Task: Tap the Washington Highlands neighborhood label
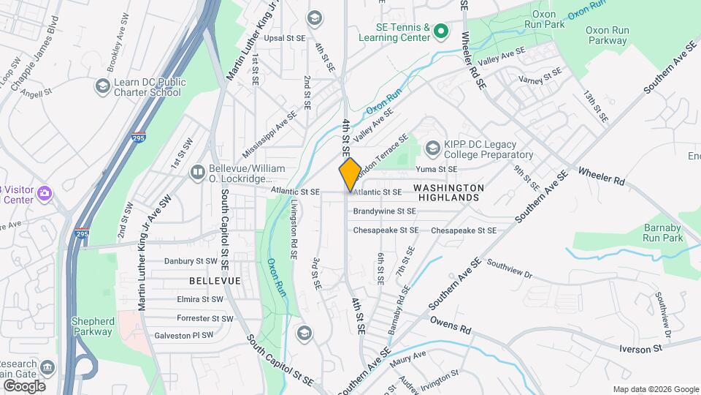click(447, 192)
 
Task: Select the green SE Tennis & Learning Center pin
click(440, 31)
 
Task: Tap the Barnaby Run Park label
click(663, 233)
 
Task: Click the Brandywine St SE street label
click(384, 211)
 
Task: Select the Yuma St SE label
click(436, 169)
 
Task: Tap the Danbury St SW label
click(191, 260)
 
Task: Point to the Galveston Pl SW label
click(184, 335)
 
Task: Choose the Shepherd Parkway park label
click(92, 326)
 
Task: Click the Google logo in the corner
click(24, 385)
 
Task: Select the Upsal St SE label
click(285, 37)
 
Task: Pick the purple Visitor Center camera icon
click(45, 194)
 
